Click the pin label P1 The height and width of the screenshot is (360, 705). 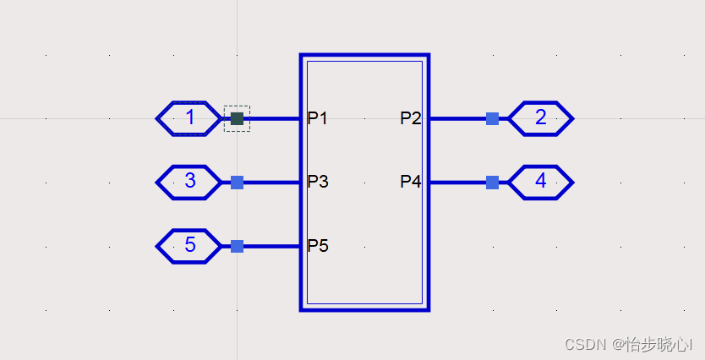pyautogui.click(x=317, y=118)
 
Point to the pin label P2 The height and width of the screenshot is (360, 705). pyautogui.click(x=411, y=118)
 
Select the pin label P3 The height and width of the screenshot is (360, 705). pyautogui.click(x=317, y=182)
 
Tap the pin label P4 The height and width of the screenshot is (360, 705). pyautogui.click(x=411, y=182)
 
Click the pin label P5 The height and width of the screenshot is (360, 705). pyautogui.click(x=317, y=246)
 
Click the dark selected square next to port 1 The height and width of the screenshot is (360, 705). pyautogui.click(x=237, y=118)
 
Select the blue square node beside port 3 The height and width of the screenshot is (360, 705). pyautogui.click(x=237, y=182)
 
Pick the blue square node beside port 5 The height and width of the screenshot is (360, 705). pyautogui.click(x=237, y=246)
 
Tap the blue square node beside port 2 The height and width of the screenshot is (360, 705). pyautogui.click(x=492, y=118)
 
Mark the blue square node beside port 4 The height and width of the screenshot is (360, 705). pyautogui.click(x=492, y=182)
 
